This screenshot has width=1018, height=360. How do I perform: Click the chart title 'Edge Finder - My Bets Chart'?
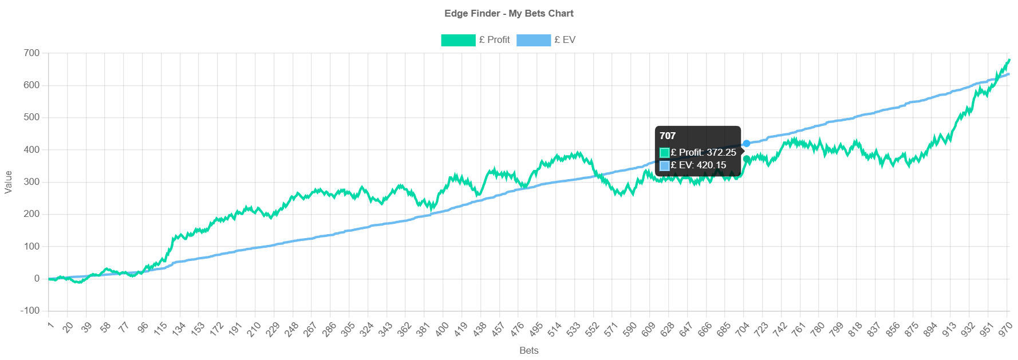click(x=508, y=13)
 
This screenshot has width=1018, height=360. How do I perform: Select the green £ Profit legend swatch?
click(x=457, y=40)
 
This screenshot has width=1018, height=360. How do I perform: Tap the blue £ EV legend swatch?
click(x=533, y=40)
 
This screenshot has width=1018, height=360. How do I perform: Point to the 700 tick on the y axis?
click(x=31, y=53)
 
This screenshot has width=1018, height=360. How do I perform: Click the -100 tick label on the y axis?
click(x=30, y=310)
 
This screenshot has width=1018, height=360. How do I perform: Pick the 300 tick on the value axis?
click(x=31, y=181)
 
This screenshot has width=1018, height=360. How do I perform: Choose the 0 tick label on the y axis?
click(x=37, y=278)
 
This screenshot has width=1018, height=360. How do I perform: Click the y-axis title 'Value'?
click(x=8, y=182)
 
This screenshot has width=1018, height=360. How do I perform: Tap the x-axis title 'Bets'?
click(x=528, y=350)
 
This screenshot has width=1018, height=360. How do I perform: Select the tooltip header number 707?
click(x=668, y=136)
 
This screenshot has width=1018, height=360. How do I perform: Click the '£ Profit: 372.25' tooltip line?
click(x=703, y=152)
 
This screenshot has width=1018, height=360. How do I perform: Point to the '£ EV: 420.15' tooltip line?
click(x=698, y=165)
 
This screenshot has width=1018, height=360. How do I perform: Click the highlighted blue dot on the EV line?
click(x=746, y=143)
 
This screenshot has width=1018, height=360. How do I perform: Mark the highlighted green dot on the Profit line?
click(x=746, y=159)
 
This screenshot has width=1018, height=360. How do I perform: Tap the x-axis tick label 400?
click(x=442, y=329)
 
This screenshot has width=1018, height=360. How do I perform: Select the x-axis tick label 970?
click(x=1005, y=329)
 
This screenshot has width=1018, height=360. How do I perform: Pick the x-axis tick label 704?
click(x=743, y=329)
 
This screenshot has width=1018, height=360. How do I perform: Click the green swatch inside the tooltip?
click(x=664, y=152)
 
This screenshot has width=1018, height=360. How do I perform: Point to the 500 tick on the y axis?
click(x=31, y=117)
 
